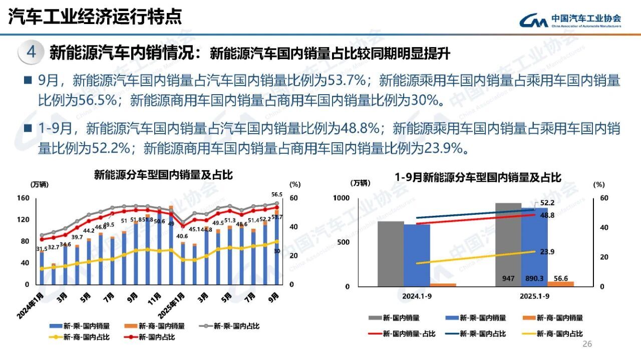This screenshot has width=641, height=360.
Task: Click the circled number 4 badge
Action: tap(31, 53)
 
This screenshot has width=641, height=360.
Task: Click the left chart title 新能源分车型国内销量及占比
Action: tap(164, 175)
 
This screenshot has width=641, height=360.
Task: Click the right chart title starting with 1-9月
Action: tap(478, 177)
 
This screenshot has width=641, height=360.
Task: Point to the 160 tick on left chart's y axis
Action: tap(24, 198)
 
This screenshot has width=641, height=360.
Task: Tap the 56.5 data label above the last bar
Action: tap(277, 195)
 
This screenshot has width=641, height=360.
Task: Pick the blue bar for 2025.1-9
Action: tap(534, 245)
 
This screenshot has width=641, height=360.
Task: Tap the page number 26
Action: tap(587, 344)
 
